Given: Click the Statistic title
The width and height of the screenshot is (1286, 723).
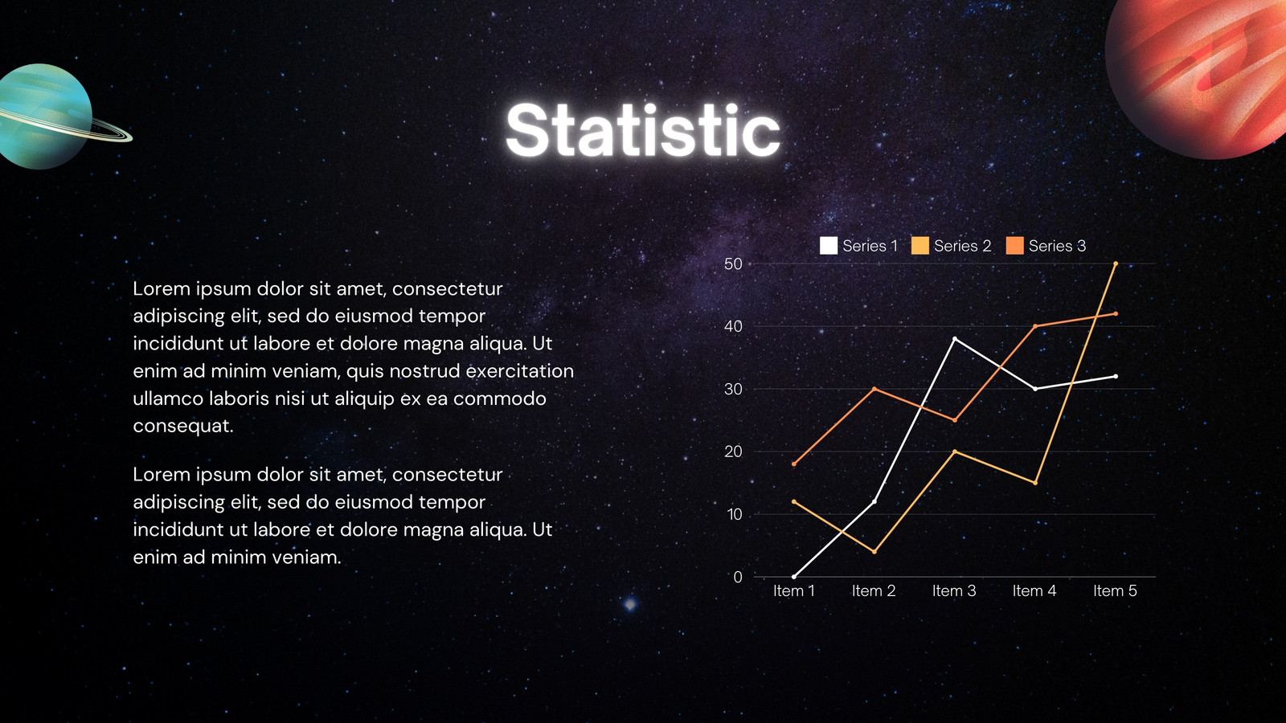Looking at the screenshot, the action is (643, 129).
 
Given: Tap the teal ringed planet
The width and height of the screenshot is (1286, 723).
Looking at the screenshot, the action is (46, 116).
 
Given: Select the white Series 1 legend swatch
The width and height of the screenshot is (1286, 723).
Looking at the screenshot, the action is (828, 246).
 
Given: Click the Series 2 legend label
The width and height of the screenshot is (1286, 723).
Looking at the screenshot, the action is (962, 246).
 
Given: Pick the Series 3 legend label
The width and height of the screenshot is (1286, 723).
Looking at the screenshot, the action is (1057, 246).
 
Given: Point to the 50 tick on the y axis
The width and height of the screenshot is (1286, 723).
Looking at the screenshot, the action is (733, 264).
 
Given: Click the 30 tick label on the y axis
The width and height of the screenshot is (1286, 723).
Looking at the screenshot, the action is (733, 389).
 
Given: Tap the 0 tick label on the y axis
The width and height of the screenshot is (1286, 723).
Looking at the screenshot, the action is (738, 578).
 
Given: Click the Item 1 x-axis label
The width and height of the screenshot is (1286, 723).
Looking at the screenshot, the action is (794, 591).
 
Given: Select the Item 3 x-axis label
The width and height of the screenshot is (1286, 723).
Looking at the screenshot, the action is (954, 591).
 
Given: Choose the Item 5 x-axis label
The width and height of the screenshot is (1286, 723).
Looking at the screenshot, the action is (1115, 591).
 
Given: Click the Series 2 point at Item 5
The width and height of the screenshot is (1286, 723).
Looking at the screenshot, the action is (1116, 264).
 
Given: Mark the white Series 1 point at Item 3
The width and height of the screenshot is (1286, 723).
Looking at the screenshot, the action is (955, 339).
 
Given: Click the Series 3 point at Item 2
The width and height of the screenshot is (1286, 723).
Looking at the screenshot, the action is (874, 389).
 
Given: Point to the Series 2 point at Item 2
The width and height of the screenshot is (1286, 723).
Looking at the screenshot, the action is (874, 552).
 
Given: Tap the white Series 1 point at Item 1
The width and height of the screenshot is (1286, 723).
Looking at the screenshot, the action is (794, 577).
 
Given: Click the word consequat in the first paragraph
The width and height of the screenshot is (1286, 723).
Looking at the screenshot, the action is (183, 427).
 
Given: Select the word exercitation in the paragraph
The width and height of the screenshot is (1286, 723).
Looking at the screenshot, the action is (520, 371).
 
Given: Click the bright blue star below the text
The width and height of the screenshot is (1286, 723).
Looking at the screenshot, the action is (630, 603).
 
